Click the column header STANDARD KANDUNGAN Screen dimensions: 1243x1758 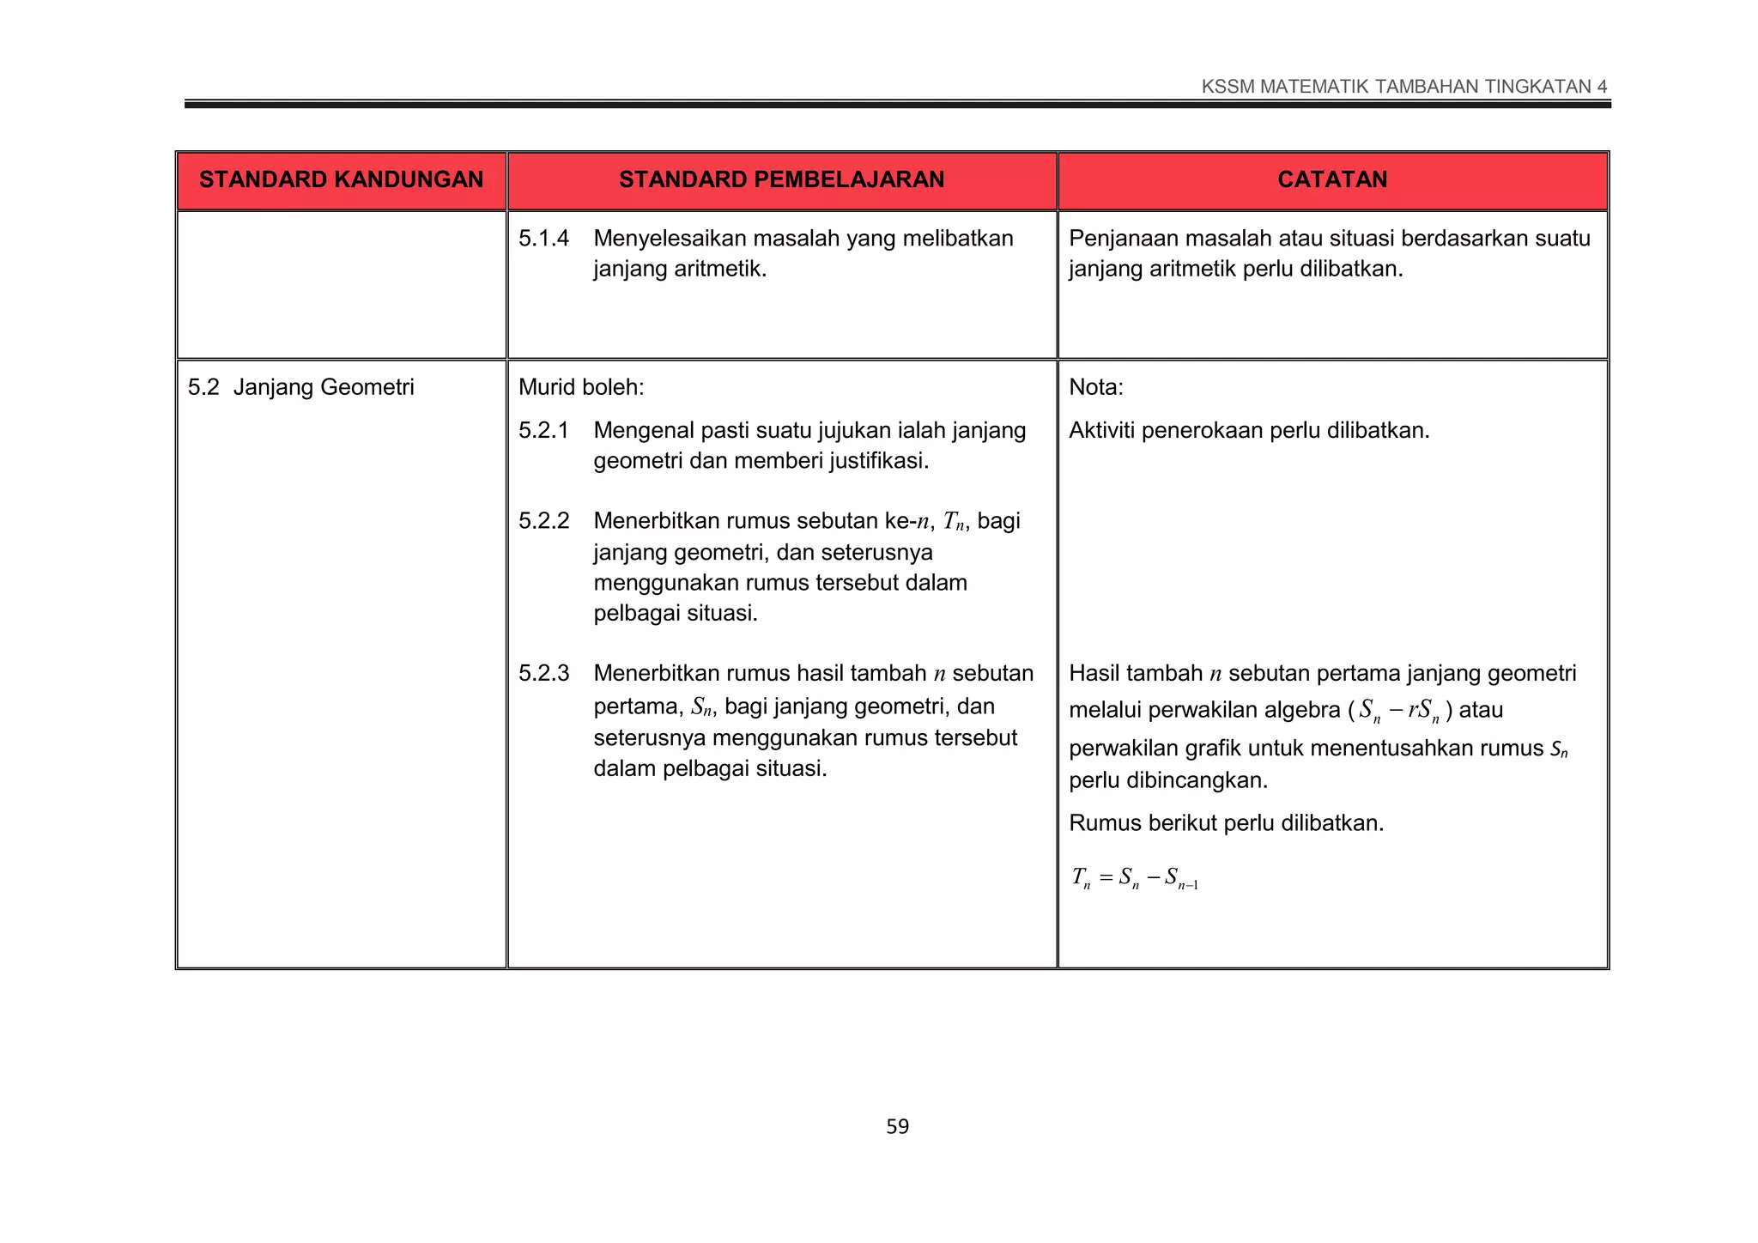click(341, 179)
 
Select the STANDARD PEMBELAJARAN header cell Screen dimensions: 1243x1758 click(781, 179)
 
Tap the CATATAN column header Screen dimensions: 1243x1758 click(1332, 179)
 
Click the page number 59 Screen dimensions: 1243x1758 click(897, 1126)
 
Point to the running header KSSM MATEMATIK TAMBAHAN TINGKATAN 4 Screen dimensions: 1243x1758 click(1404, 87)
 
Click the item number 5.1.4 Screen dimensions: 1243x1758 click(543, 239)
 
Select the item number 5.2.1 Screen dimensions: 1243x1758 click(543, 431)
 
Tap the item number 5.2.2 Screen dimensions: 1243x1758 click(543, 521)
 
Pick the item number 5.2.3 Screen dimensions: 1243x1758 click(543, 674)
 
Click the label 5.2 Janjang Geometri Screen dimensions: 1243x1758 click(300, 387)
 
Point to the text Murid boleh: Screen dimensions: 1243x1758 click(581, 387)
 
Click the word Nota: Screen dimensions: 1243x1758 click(1095, 387)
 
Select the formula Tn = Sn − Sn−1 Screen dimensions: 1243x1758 click(1134, 878)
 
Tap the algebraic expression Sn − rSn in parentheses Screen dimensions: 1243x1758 click(1404, 711)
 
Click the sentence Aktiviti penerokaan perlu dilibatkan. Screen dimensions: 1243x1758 click(1249, 431)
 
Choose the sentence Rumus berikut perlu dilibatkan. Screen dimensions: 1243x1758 click(1226, 823)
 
